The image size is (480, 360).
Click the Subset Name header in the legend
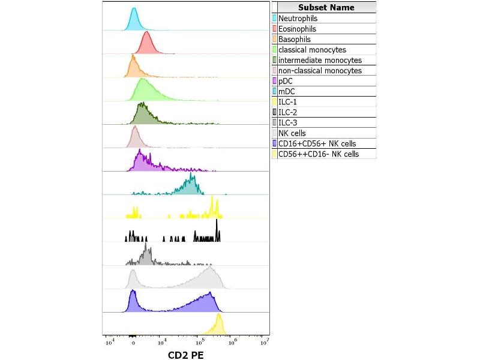326,8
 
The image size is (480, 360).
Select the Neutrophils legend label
298,19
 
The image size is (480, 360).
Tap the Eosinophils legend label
298,29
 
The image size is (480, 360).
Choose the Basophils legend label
295,39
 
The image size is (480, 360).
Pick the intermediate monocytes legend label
320,60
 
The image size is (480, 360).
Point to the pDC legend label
286,81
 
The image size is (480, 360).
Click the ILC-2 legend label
288,112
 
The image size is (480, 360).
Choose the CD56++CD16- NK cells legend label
319,154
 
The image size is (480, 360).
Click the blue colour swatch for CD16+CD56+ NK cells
275,143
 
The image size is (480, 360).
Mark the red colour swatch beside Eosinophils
275,29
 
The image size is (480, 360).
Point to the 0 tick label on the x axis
133,343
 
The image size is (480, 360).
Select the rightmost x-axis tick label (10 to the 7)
264,342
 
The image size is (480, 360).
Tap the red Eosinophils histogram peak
146,34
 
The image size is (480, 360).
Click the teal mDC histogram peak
191,176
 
